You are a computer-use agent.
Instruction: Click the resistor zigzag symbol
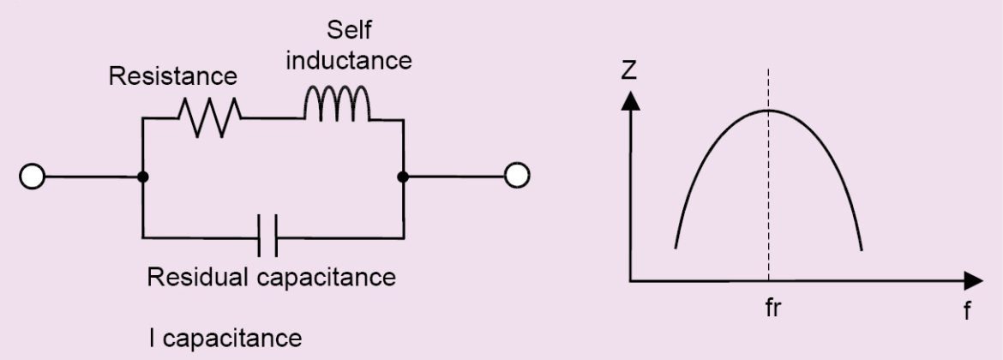pyautogui.click(x=208, y=116)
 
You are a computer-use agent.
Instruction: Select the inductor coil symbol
pyautogui.click(x=337, y=104)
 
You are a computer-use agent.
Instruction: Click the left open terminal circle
pyautogui.click(x=32, y=177)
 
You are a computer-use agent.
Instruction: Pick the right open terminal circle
pyautogui.click(x=516, y=177)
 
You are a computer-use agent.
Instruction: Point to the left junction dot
pyautogui.click(x=142, y=177)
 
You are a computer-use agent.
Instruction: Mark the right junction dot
pyautogui.click(x=402, y=177)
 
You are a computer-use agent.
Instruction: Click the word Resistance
pyautogui.click(x=172, y=76)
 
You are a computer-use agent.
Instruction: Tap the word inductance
pyautogui.click(x=349, y=62)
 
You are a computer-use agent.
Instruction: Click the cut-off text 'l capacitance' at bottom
pyautogui.click(x=225, y=338)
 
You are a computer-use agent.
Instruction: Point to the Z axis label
pyautogui.click(x=629, y=71)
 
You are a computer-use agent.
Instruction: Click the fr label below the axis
pyautogui.click(x=773, y=306)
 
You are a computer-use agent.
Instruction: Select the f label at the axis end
pyautogui.click(x=967, y=309)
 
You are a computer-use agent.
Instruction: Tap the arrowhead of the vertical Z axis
pyautogui.click(x=631, y=99)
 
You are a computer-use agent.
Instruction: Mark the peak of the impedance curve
pyautogui.click(x=769, y=110)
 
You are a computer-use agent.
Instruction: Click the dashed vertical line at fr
pyautogui.click(x=769, y=197)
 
